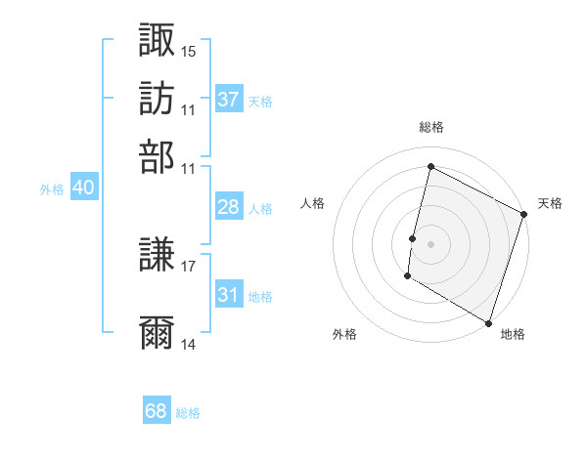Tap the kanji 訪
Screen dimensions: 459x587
pyautogui.click(x=157, y=99)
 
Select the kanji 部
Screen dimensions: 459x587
pyautogui.click(x=157, y=157)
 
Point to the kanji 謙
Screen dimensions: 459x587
pyautogui.click(x=157, y=257)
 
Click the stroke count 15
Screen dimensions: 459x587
pyautogui.click(x=189, y=51)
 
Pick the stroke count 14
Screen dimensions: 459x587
pyautogui.click(x=189, y=344)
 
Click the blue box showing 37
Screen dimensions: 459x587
pyautogui.click(x=229, y=100)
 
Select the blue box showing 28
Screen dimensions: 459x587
pyautogui.click(x=229, y=207)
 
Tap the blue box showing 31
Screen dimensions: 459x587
pyautogui.click(x=229, y=296)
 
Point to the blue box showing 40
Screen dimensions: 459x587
pyautogui.click(x=83, y=188)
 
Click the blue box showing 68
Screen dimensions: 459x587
pyautogui.click(x=157, y=411)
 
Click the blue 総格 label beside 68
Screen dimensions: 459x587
pyautogui.click(x=188, y=413)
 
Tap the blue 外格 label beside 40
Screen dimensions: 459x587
pyautogui.click(x=52, y=189)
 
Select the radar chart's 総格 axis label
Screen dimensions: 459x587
pyautogui.click(x=431, y=128)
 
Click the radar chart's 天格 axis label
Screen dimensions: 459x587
pyautogui.click(x=550, y=203)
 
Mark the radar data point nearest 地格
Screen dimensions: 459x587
pyautogui.click(x=487, y=321)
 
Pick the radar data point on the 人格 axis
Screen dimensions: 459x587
pyautogui.click(x=413, y=237)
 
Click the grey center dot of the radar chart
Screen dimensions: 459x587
pyautogui.click(x=431, y=243)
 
